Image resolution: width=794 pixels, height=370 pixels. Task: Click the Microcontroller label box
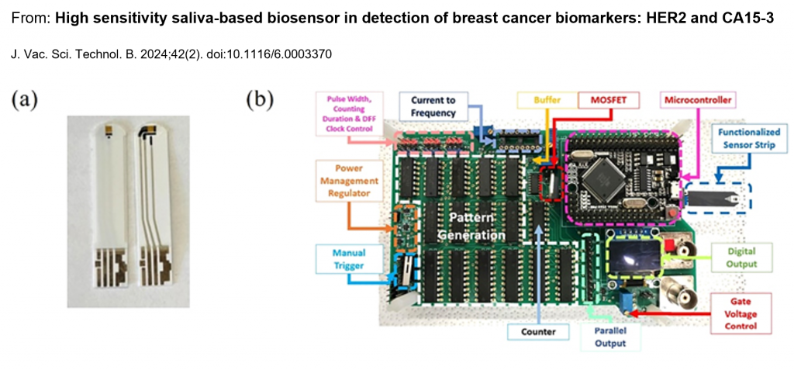(697, 99)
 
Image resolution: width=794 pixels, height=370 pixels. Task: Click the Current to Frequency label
(433, 106)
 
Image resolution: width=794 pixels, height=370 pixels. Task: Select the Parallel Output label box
(609, 337)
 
